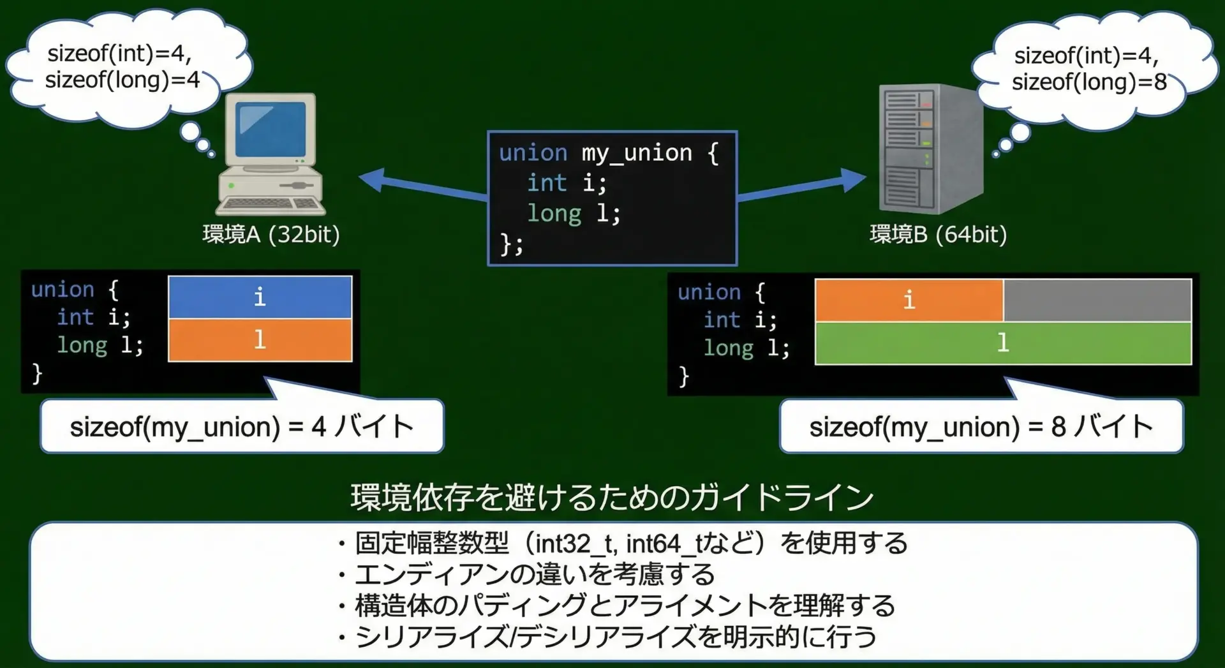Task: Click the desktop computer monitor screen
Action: click(x=270, y=129)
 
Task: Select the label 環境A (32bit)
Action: click(x=271, y=235)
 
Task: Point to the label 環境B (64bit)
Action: click(x=938, y=235)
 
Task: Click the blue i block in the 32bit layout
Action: click(x=260, y=297)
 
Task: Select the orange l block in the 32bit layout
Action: click(x=260, y=340)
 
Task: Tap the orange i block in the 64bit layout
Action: click(x=909, y=300)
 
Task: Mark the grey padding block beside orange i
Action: click(x=1097, y=300)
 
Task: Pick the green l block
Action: click(x=1002, y=343)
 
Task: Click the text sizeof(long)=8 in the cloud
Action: click(x=1088, y=82)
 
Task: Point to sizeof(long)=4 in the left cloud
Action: click(x=122, y=80)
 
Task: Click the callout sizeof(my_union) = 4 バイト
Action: click(x=242, y=426)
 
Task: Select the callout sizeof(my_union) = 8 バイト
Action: click(x=981, y=426)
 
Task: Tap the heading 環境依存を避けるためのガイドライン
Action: click(x=612, y=497)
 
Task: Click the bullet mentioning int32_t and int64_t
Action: click(x=623, y=544)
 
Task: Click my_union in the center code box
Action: click(x=636, y=153)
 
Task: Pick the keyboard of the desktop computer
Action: click(x=271, y=205)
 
